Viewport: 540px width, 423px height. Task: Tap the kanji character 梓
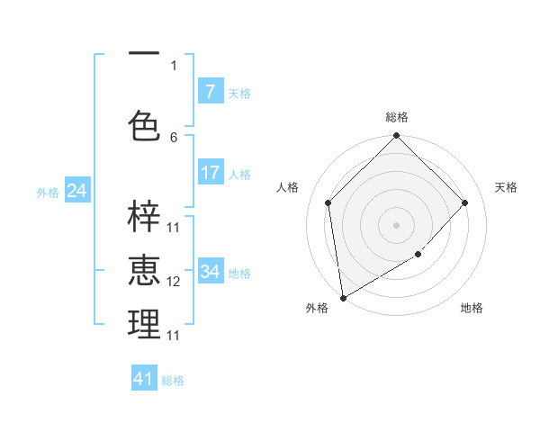[144, 217]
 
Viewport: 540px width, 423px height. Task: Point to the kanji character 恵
[144, 270]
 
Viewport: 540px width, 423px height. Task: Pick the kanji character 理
[144, 324]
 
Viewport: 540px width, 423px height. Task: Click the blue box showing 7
[210, 91]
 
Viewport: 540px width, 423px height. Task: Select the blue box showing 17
[210, 172]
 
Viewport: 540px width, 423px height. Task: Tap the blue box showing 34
[210, 271]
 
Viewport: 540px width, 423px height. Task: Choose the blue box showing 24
[77, 190]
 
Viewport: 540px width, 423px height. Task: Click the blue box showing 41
[144, 379]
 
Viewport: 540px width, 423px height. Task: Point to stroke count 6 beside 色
[174, 137]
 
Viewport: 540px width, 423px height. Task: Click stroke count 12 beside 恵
[174, 282]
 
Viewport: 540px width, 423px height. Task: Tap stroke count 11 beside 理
[174, 335]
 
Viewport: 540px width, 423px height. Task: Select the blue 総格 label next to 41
[173, 381]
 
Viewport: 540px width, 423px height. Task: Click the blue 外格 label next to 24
[48, 192]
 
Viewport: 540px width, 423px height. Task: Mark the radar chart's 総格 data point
[396, 136]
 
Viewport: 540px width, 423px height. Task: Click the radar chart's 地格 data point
[418, 255]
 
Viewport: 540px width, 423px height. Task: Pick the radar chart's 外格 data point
[343, 297]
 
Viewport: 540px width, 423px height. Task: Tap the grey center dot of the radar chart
[396, 224]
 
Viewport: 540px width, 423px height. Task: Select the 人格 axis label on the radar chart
[288, 186]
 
